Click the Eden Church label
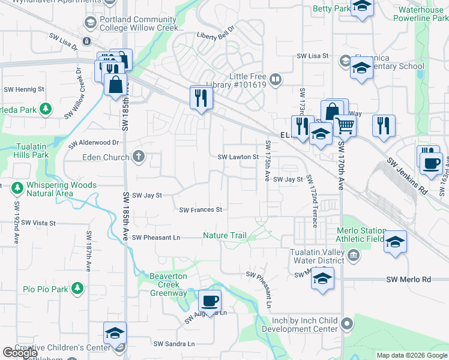pyautogui.click(x=105, y=157)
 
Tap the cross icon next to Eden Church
pyautogui.click(x=139, y=157)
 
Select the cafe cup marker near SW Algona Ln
pyautogui.click(x=209, y=300)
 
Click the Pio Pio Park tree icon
pyautogui.click(x=77, y=289)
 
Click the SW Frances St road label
pyautogui.click(x=201, y=210)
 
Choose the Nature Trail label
pyautogui.click(x=224, y=236)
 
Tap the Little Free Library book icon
pyautogui.click(x=276, y=79)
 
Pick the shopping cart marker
pyautogui.click(x=345, y=126)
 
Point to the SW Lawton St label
pyautogui.click(x=238, y=157)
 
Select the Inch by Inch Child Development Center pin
pyautogui.click(x=346, y=325)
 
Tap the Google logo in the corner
pyautogui.click(x=20, y=353)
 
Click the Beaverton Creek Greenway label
pyautogui.click(x=168, y=284)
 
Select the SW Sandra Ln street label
pyautogui.click(x=174, y=344)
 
